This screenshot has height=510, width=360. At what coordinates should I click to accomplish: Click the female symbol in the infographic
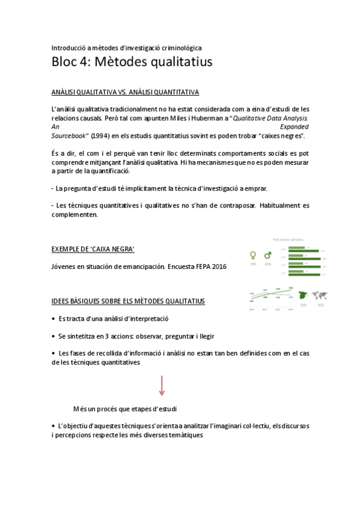253,255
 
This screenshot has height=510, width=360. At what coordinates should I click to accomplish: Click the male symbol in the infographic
268,255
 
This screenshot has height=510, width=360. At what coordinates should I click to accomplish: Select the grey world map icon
320,296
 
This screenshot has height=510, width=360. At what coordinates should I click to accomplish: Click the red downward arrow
162,385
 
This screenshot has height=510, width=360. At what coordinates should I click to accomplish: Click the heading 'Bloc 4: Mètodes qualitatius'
132,62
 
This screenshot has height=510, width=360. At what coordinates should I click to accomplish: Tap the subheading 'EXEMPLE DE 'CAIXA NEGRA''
93,248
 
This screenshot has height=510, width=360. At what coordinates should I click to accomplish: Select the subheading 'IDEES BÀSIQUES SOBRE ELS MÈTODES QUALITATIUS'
128,301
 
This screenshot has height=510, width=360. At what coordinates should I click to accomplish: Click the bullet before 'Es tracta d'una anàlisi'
53,319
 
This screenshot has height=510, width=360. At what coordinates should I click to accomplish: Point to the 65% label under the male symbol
268,264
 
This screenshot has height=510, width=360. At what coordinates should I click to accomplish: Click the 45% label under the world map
320,305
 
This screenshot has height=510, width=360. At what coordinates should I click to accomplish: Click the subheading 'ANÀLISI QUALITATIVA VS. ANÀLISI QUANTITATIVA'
125,92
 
